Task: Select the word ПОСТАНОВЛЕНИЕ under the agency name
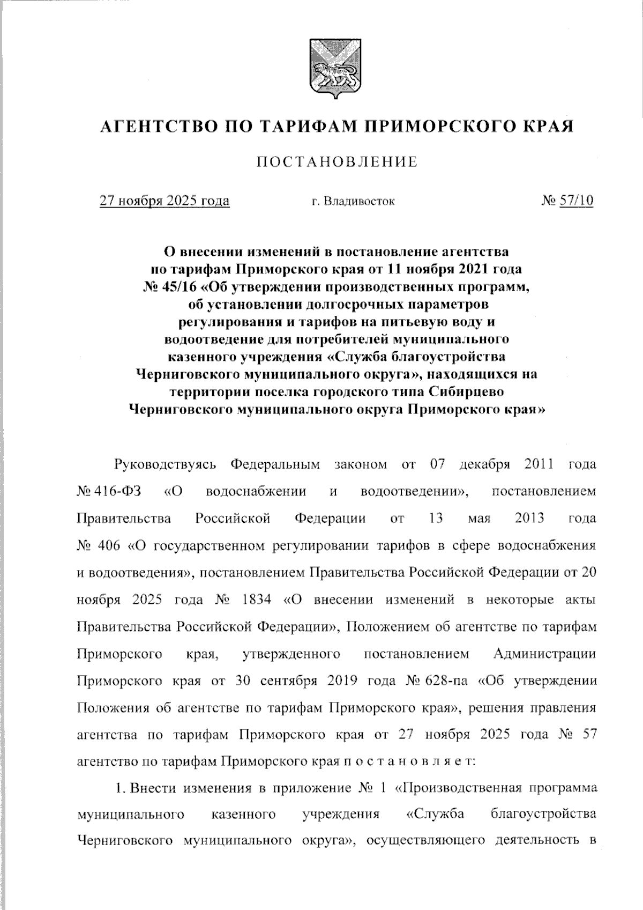(x=337, y=162)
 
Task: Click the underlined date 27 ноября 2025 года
(x=165, y=201)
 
